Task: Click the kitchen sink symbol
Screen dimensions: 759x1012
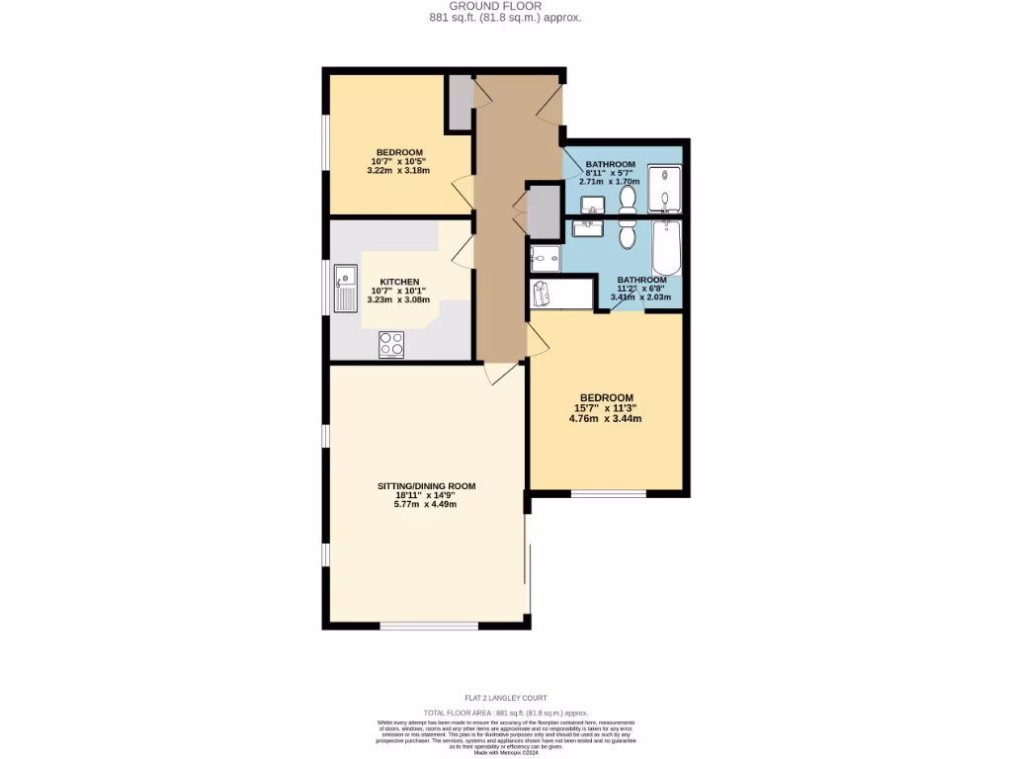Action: (345, 287)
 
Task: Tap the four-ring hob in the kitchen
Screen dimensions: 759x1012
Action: (390, 344)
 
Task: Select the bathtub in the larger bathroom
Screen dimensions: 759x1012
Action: (667, 250)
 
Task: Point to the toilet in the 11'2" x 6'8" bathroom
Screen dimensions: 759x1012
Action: (627, 235)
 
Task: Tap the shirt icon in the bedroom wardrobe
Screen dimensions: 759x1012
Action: (540, 295)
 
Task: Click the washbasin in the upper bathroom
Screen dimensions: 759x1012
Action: (593, 206)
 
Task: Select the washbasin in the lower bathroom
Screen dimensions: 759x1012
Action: (588, 228)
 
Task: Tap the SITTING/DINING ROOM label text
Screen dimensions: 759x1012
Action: (426, 486)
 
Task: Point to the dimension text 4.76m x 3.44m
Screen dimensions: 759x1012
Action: (605, 418)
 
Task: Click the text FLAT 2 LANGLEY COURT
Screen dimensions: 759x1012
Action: (505, 698)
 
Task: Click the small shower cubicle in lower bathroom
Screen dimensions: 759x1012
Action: (545, 259)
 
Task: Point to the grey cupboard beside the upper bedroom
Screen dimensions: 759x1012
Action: (459, 102)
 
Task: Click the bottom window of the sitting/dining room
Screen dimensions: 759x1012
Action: (429, 625)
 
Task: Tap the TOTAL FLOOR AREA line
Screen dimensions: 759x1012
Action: (505, 713)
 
